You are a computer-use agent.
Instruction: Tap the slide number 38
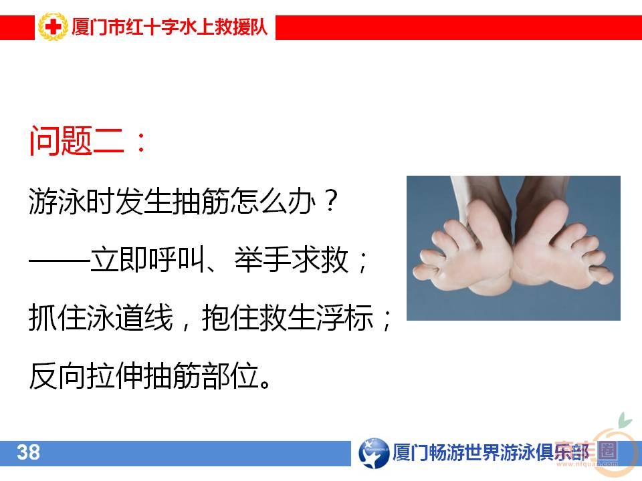tap(29, 453)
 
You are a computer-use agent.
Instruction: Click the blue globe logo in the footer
tap(374, 453)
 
